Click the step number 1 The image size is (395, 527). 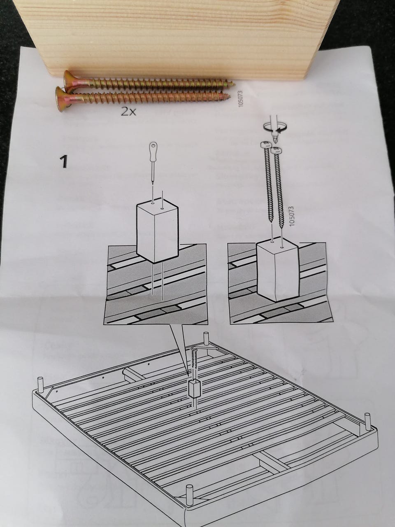63,162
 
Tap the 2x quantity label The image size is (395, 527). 128,112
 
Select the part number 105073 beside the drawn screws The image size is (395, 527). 292,216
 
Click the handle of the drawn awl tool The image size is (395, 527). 153,151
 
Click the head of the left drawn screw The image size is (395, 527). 266,145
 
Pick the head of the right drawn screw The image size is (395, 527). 276,151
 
